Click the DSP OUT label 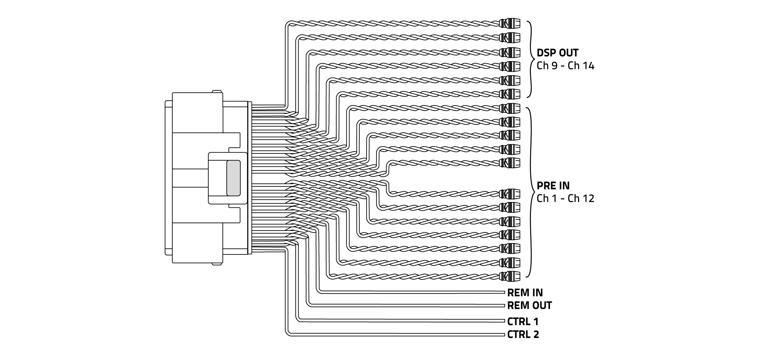coord(557,53)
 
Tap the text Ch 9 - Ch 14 coord(565,66)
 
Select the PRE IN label coord(553,186)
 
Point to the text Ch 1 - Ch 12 coord(565,199)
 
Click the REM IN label coord(525,293)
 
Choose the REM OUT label coord(529,306)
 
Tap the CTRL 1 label coord(523,322)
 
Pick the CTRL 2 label coord(523,335)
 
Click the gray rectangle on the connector coord(233,178)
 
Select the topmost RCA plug coord(510,24)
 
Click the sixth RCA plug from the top coord(510,93)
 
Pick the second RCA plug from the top coord(510,38)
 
